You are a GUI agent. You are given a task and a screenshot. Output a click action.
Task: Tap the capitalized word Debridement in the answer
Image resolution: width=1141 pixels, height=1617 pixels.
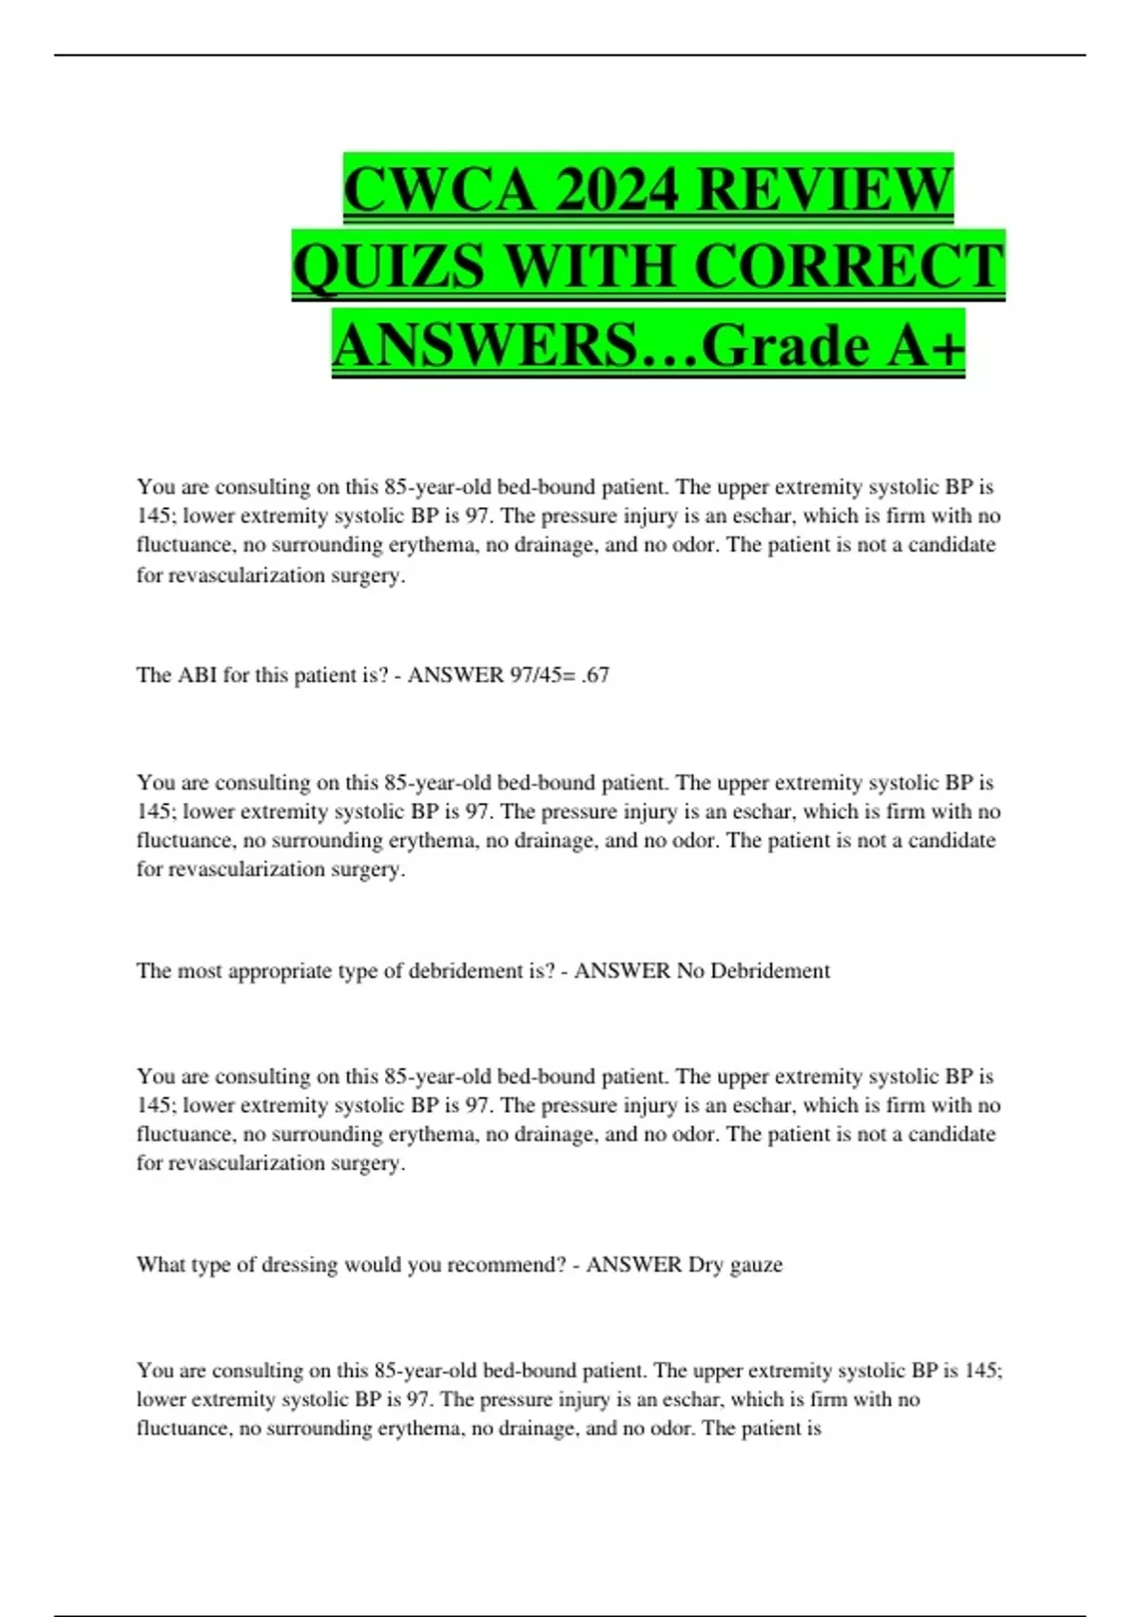(770, 970)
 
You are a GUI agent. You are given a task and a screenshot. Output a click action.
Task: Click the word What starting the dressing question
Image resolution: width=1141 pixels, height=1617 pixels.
(160, 1264)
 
